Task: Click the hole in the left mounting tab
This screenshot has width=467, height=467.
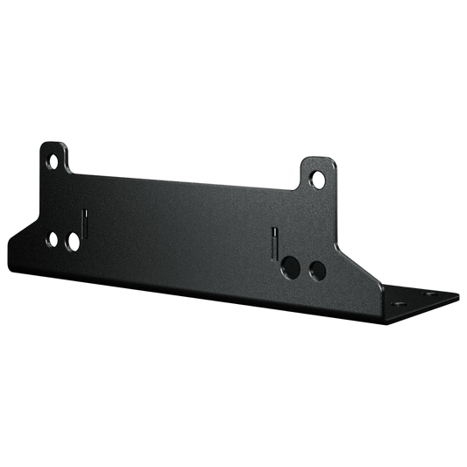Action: coord(53,161)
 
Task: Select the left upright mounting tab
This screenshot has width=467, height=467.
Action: coord(54,157)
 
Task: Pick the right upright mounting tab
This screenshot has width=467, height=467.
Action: coord(317,173)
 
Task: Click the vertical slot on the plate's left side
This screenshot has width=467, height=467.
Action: coord(84,223)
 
